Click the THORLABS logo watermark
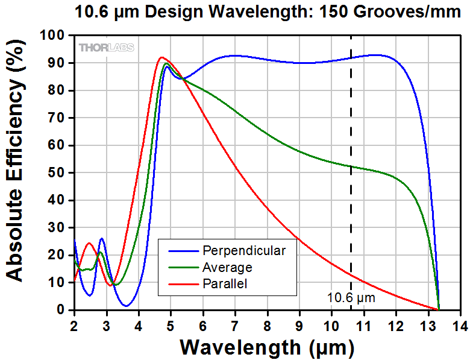tap(106, 48)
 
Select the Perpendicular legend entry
tap(244, 250)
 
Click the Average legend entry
tap(227, 267)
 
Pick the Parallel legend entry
tap(225, 283)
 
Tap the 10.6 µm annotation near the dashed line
tap(351, 297)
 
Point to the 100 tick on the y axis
tap(57, 36)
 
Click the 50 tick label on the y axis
tap(59, 173)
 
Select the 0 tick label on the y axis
tap(63, 310)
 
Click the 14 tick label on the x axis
tap(460, 325)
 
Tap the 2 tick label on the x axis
tap(74, 325)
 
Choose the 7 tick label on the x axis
tap(235, 325)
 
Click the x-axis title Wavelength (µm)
tap(266, 347)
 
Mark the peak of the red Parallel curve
tap(161, 57)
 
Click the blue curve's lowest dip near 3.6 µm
tap(126, 306)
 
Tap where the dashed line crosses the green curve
tap(351, 166)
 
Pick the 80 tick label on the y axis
tap(59, 90)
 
